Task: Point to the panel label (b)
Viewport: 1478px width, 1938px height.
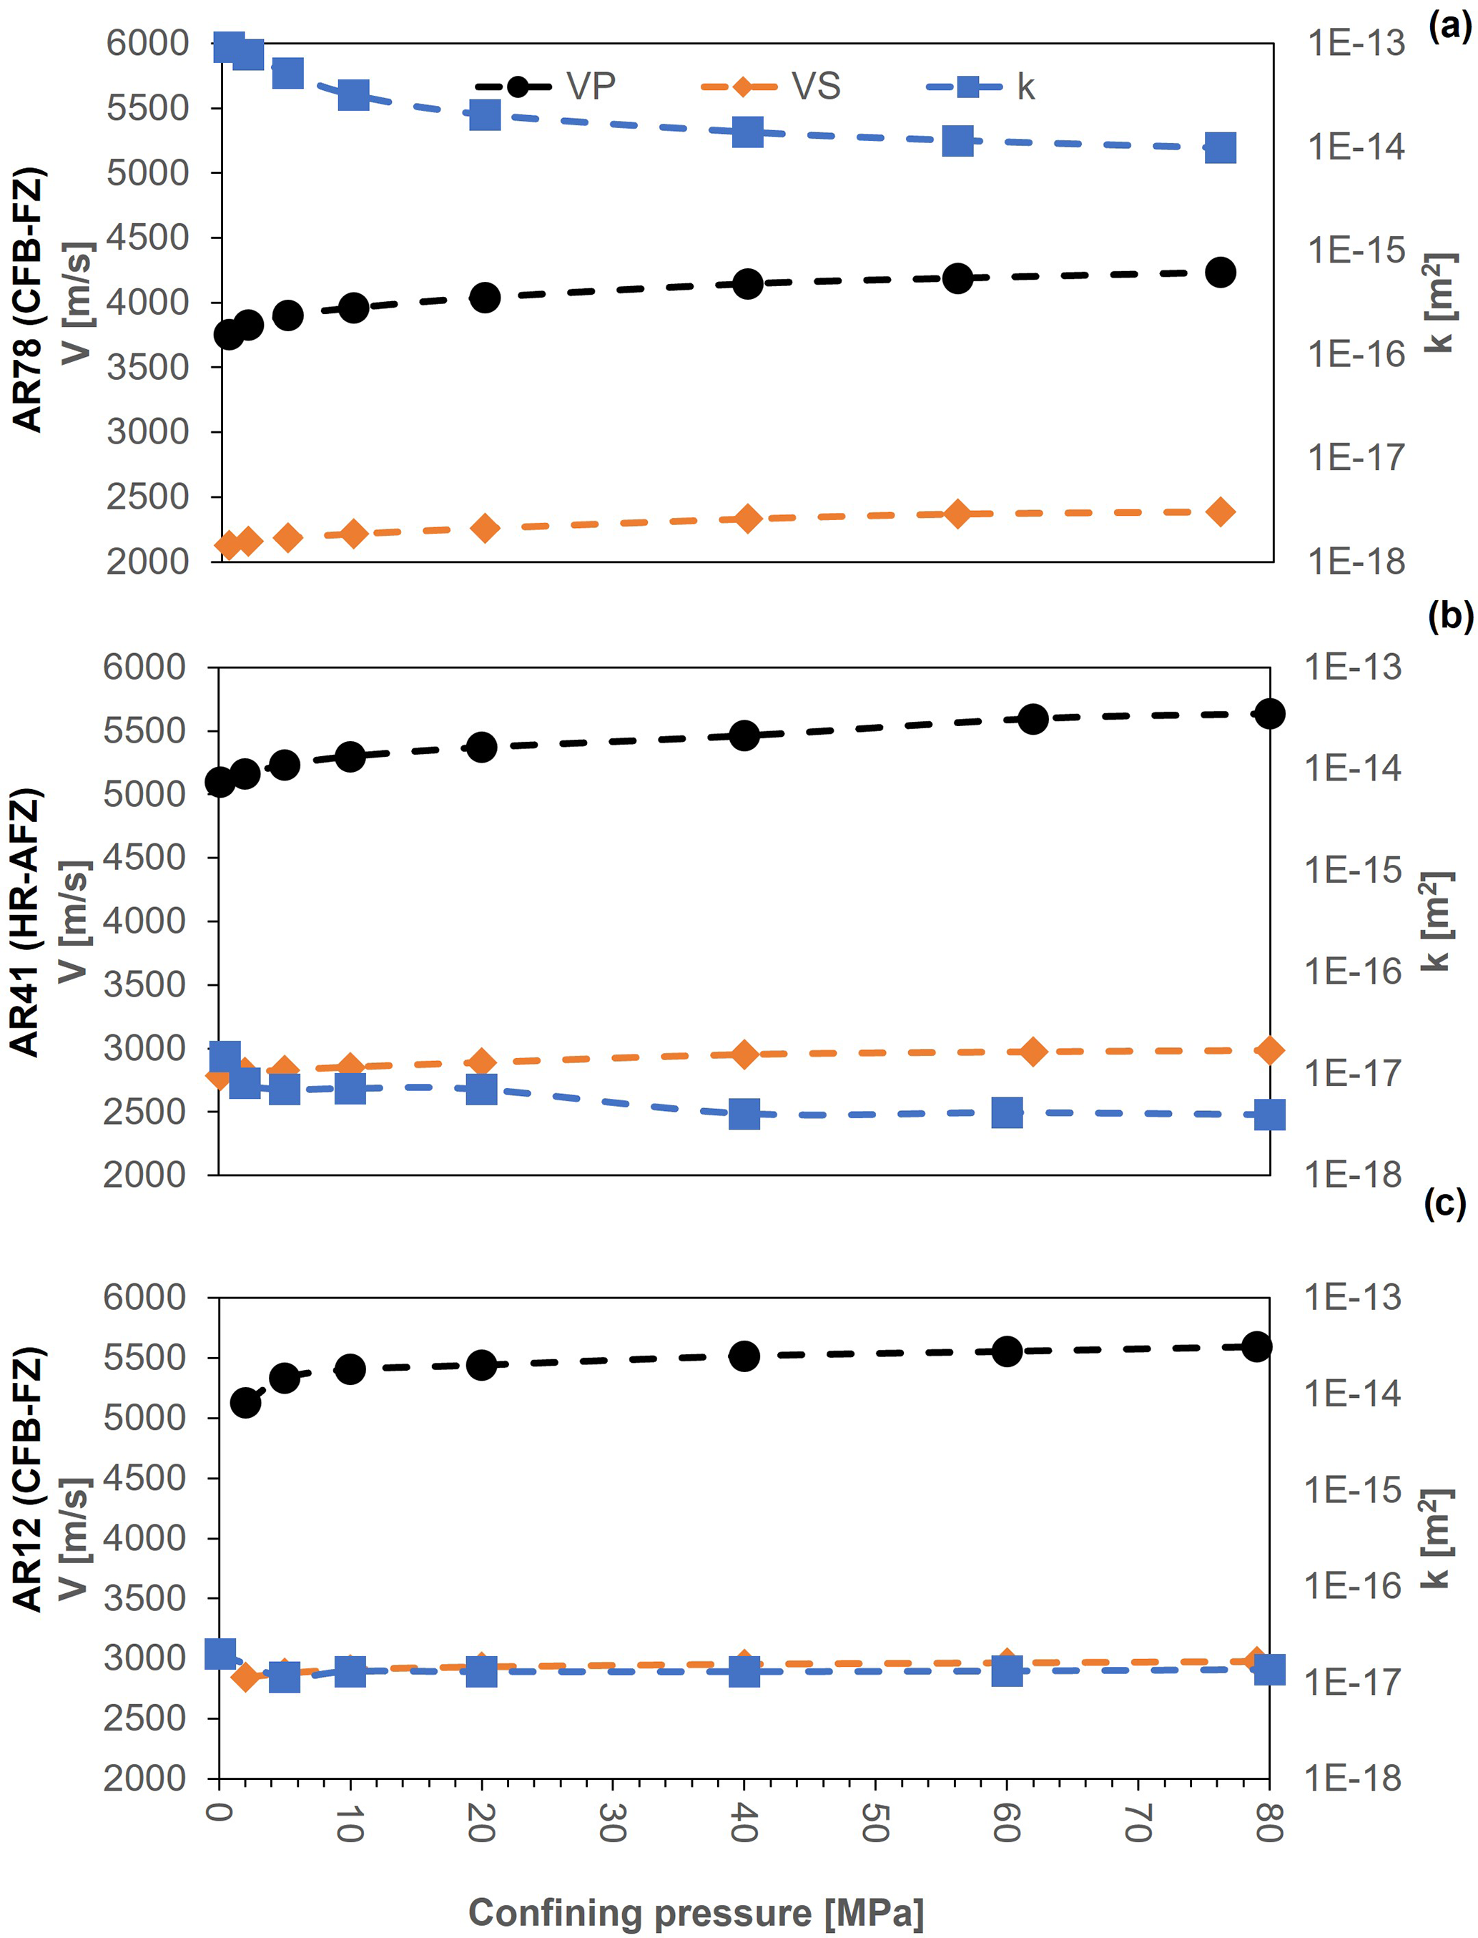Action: coord(1449,616)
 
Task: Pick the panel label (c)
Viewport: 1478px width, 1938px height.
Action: coord(1445,1203)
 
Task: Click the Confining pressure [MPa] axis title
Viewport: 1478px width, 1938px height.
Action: coord(696,1912)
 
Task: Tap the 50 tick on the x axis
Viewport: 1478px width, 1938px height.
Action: coord(874,1821)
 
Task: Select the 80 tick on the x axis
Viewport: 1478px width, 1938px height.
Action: coord(1268,1821)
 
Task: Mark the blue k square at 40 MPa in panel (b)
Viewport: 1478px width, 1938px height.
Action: coord(744,1114)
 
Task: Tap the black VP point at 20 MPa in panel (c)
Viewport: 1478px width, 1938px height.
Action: coord(481,1365)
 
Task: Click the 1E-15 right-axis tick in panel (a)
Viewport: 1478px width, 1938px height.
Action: coord(1356,251)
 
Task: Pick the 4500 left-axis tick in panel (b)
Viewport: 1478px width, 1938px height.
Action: coord(144,857)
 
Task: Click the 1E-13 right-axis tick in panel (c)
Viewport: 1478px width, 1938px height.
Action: coord(1352,1297)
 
